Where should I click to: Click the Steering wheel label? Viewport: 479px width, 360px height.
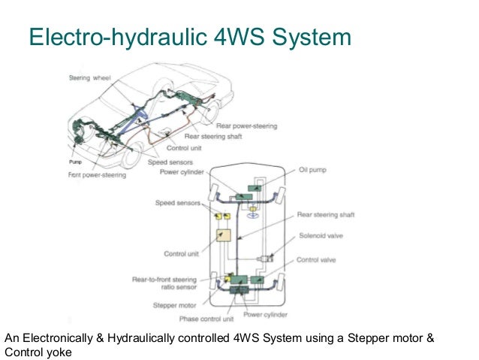pos(89,78)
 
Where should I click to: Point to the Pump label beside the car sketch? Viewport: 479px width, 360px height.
pos(75,162)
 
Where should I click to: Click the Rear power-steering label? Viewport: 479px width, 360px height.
pos(246,126)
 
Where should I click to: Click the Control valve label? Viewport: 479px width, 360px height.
pos(317,260)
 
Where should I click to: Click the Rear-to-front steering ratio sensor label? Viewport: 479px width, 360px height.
pos(167,283)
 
